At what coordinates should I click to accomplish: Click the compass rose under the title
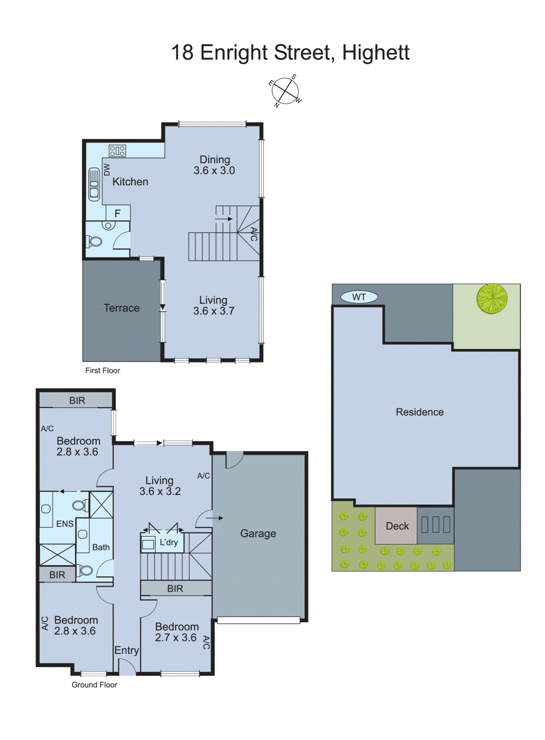pyautogui.click(x=285, y=91)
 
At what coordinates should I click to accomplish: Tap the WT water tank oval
pyautogui.click(x=359, y=297)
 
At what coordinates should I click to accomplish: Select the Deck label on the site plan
pyautogui.click(x=397, y=526)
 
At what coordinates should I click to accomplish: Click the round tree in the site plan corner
pyautogui.click(x=492, y=298)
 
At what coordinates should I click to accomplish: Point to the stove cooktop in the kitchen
pyautogui.click(x=117, y=150)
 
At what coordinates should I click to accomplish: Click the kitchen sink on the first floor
pyautogui.click(x=94, y=185)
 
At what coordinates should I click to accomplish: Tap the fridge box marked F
pyautogui.click(x=117, y=213)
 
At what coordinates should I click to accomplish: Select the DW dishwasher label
pyautogui.click(x=107, y=169)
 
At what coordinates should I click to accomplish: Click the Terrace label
pyautogui.click(x=121, y=308)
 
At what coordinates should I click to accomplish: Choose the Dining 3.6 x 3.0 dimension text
pyautogui.click(x=214, y=171)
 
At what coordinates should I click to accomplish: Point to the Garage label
pyautogui.click(x=258, y=533)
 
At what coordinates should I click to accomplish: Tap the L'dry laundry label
pyautogui.click(x=168, y=542)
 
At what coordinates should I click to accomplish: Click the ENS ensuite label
pyautogui.click(x=65, y=524)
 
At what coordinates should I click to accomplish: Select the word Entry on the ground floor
pyautogui.click(x=126, y=650)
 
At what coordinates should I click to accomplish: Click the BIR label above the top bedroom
pyautogui.click(x=77, y=401)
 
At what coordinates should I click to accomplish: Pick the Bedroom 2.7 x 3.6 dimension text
pyautogui.click(x=176, y=638)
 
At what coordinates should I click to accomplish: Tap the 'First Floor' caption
pyautogui.click(x=103, y=370)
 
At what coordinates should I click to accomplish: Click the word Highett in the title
pyautogui.click(x=375, y=53)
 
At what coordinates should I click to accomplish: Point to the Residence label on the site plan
pyautogui.click(x=419, y=412)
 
